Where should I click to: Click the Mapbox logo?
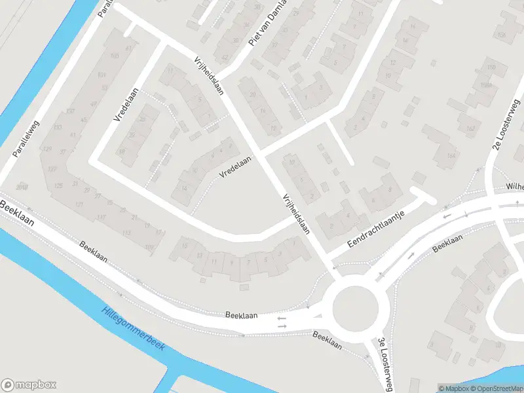click(29, 385)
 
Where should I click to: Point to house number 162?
click(470, 128)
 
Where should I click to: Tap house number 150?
click(491, 67)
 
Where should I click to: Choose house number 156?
click(502, 35)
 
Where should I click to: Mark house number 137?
click(70, 111)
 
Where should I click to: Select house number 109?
click(149, 248)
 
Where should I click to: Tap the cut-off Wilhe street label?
click(514, 187)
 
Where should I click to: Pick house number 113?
click(126, 233)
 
